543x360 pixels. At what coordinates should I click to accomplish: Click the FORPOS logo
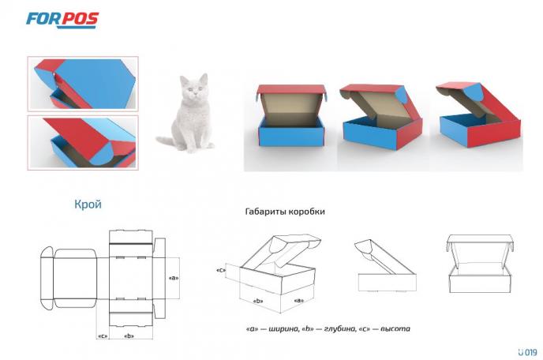click(x=62, y=20)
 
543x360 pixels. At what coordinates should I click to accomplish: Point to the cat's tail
click(x=167, y=141)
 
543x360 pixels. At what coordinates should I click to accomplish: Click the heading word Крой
click(x=88, y=204)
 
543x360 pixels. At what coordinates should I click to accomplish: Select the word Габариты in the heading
click(x=265, y=212)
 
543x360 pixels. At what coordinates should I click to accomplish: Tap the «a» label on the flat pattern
click(x=174, y=278)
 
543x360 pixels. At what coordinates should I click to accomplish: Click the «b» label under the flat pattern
click(x=129, y=336)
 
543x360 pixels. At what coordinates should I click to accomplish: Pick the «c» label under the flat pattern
click(x=103, y=336)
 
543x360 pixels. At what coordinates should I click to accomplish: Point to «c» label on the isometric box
click(x=221, y=270)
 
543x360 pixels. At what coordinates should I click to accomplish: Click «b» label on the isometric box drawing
click(x=258, y=301)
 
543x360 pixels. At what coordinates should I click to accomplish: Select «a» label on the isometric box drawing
click(x=299, y=301)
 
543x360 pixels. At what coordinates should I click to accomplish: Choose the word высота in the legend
click(x=395, y=328)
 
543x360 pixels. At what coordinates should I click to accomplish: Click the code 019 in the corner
click(x=530, y=352)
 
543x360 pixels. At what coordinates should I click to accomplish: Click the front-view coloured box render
click(x=291, y=115)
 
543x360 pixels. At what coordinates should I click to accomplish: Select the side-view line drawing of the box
click(x=385, y=266)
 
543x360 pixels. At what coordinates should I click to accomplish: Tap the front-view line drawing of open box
click(x=481, y=264)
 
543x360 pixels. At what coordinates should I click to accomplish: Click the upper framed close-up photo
click(x=83, y=84)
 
